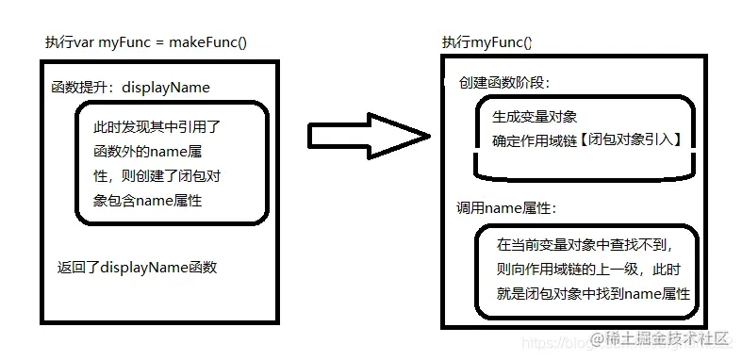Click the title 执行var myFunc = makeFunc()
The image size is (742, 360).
(x=146, y=42)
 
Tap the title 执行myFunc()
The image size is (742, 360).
(x=486, y=42)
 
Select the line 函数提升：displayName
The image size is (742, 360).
(x=130, y=88)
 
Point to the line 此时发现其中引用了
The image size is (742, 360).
(x=156, y=127)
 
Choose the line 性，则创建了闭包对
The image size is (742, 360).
(x=157, y=176)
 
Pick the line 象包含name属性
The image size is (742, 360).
(x=147, y=200)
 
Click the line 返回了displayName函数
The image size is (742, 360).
(x=138, y=268)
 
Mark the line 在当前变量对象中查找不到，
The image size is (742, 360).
(x=587, y=245)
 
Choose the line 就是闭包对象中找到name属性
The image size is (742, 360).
(x=593, y=294)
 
